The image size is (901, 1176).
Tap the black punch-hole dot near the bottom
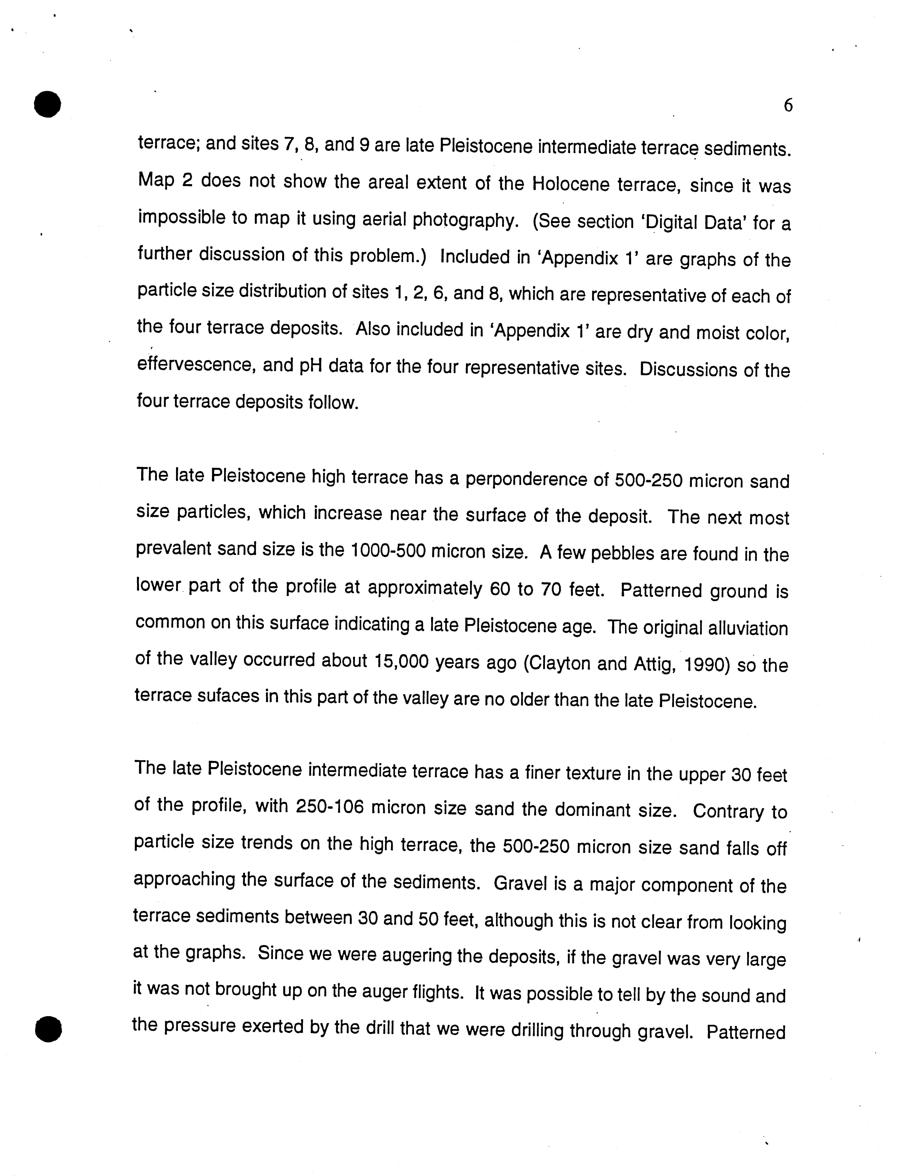point(48,1028)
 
